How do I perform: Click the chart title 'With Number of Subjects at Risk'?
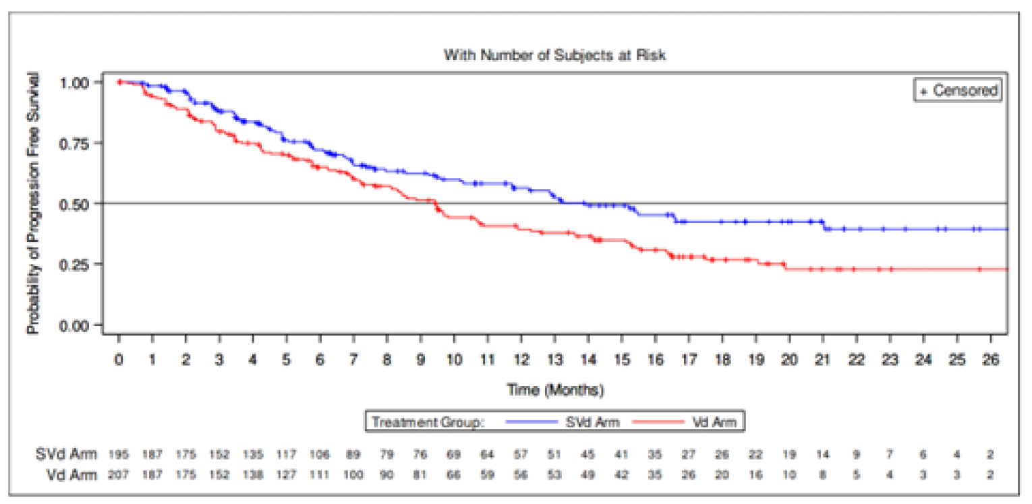coord(554,55)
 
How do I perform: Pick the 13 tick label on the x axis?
coord(554,358)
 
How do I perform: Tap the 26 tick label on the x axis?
coord(990,358)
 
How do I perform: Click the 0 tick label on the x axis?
coord(119,358)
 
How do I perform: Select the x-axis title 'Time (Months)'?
coord(554,389)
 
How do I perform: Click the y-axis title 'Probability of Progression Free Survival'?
coord(32,203)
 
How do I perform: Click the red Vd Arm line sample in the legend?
coord(658,422)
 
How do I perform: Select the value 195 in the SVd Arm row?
coord(119,455)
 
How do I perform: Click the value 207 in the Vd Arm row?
coord(119,474)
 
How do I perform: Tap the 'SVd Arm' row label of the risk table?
coord(66,455)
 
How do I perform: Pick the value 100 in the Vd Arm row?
coord(353,474)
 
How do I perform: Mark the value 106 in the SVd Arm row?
coord(320,455)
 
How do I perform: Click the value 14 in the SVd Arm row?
coord(823,455)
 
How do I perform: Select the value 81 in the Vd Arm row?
coord(420,474)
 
